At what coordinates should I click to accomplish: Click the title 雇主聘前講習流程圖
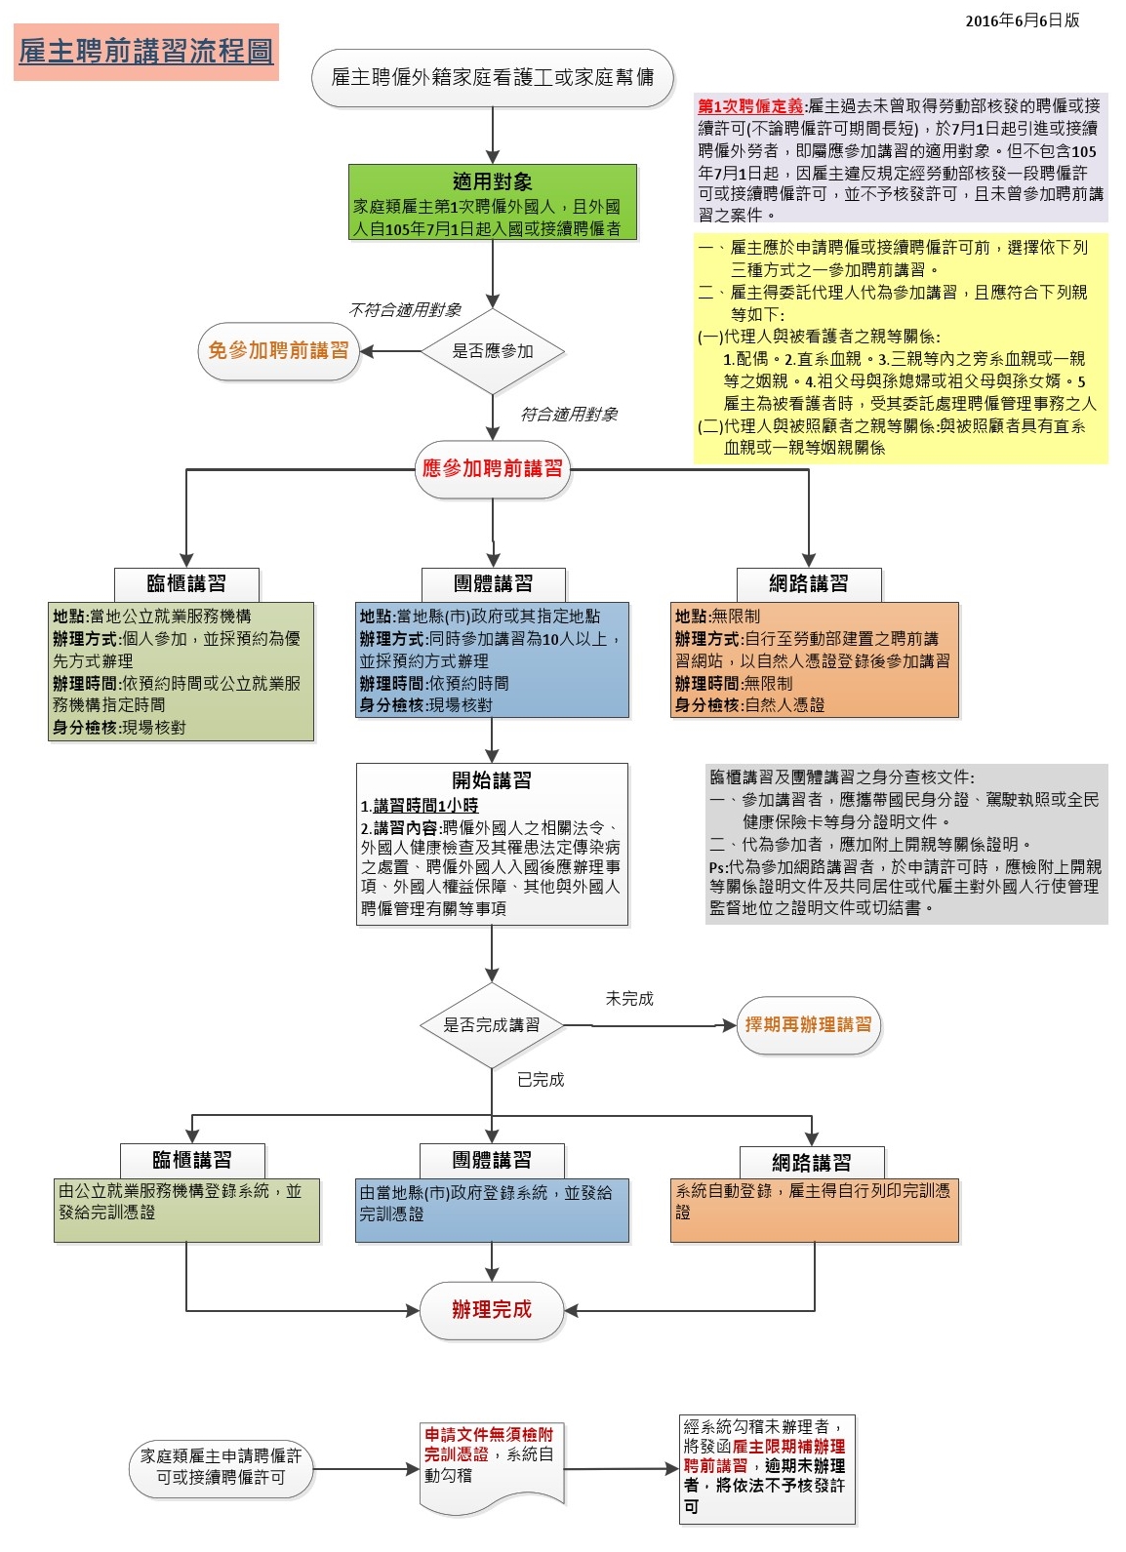pos(146,52)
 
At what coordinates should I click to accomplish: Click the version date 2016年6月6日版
pos(1022,20)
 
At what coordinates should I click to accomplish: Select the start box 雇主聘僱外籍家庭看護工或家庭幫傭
pos(492,78)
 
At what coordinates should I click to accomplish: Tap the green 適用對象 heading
pos(492,181)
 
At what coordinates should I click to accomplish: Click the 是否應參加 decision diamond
pos(492,351)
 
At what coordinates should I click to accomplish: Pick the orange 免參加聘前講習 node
pos(278,351)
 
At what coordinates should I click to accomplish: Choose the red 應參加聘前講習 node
pos(492,469)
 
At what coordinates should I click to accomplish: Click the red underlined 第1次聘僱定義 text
pos(750,106)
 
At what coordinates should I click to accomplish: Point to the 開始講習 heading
pos(492,780)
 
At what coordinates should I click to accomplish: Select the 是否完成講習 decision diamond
pos(492,1025)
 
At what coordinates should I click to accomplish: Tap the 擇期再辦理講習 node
pos(808,1025)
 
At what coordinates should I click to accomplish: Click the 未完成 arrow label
pos(629,999)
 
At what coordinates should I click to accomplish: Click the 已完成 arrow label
pos(541,1080)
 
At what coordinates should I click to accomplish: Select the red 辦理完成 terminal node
pos(492,1310)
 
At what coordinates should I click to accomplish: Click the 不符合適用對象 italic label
pos(405,310)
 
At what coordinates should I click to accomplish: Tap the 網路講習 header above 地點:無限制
pos(808,584)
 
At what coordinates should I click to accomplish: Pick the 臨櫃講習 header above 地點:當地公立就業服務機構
pos(186,584)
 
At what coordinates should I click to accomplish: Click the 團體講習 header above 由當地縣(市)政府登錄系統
pos(492,1160)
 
